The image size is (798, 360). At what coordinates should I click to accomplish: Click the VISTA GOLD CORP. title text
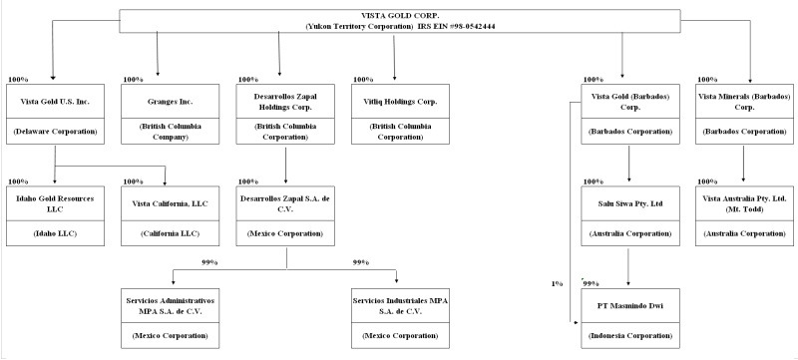400,16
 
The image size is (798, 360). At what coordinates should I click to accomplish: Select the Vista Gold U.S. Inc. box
55,114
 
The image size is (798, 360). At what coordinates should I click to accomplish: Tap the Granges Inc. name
170,101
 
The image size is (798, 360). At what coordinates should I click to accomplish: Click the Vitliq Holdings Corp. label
400,101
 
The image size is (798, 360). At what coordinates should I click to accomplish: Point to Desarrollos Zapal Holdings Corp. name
285,101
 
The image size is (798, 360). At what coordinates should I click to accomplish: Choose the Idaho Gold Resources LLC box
55,216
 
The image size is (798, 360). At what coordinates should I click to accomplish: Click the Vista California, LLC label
170,203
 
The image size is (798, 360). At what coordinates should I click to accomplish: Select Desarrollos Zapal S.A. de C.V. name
285,203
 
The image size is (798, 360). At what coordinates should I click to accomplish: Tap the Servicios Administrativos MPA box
170,318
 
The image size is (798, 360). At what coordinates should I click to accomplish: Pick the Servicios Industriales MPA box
400,318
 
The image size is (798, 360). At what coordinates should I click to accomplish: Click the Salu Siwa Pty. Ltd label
630,203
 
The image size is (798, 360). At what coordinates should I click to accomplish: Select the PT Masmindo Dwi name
630,305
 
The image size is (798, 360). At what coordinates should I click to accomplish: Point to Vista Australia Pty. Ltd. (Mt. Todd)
744,203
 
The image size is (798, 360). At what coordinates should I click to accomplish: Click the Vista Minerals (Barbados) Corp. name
744,101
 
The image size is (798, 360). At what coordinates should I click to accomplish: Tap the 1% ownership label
557,284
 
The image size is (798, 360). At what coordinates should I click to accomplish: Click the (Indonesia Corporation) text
630,336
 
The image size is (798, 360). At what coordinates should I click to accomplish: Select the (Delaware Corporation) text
55,132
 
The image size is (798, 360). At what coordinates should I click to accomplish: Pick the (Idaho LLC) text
55,233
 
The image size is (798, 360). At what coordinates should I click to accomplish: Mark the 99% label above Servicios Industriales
361,262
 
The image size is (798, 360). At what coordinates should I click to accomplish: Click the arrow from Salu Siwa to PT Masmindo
628,267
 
